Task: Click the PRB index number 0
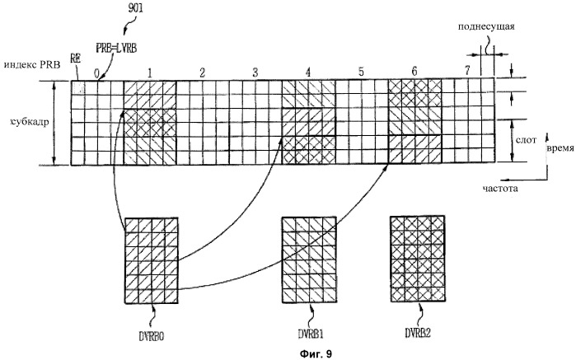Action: pyautogui.click(x=97, y=72)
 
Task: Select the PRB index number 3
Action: pyautogui.click(x=255, y=72)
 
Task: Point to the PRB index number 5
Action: pyautogui.click(x=361, y=72)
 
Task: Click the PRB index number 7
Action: pyautogui.click(x=466, y=71)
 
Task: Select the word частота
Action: pyautogui.click(x=500, y=189)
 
